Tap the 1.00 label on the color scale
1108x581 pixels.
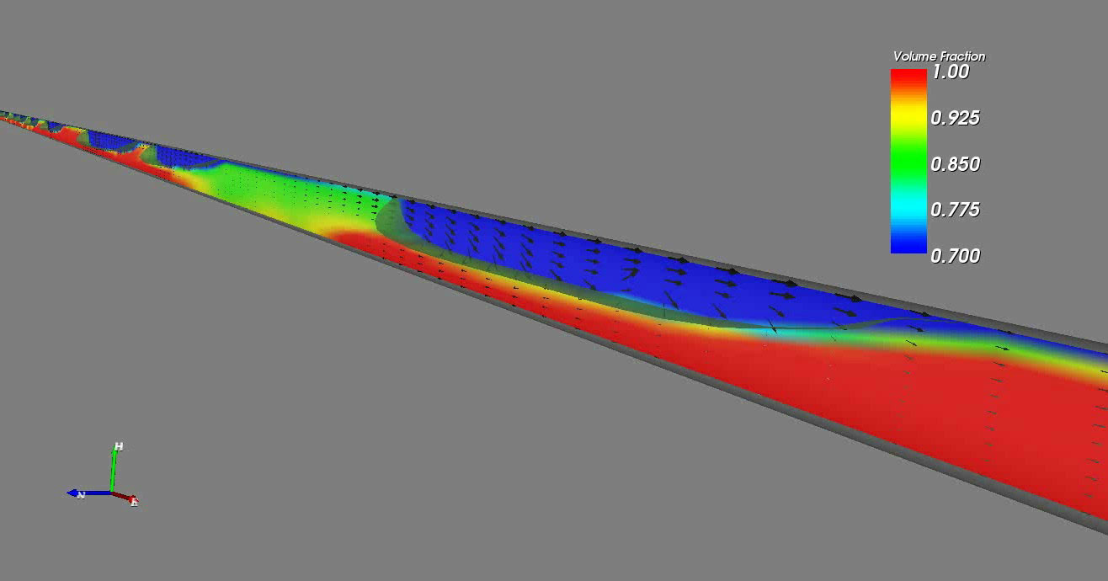click(951, 72)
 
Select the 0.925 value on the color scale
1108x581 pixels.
click(955, 118)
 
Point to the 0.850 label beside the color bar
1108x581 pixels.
click(955, 164)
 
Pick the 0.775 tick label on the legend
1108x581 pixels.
click(955, 210)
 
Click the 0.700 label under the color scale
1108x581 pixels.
click(955, 256)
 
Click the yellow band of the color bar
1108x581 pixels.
click(908, 116)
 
